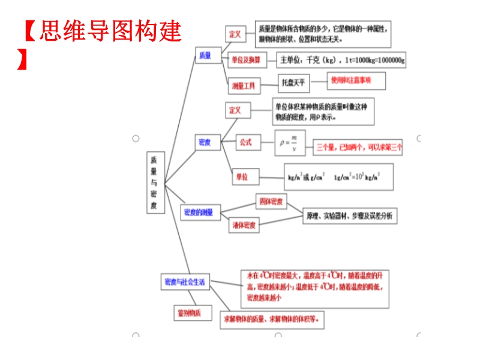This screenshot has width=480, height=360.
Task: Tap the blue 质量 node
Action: [x=205, y=55]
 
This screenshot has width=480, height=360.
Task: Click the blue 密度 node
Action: [x=205, y=142]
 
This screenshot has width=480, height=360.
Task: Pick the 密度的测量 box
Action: [x=199, y=212]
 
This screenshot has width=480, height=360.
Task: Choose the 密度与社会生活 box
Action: [x=185, y=281]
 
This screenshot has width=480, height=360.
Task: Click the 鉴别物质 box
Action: [x=189, y=313]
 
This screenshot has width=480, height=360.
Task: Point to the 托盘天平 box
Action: [x=294, y=83]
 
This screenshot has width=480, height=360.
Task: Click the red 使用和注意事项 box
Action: [x=356, y=80]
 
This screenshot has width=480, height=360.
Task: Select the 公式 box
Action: [x=246, y=143]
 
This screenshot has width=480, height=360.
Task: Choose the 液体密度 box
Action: [x=244, y=226]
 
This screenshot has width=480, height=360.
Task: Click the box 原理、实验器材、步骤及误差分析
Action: [x=349, y=215]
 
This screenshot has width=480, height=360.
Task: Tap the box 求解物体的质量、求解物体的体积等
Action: [x=272, y=319]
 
